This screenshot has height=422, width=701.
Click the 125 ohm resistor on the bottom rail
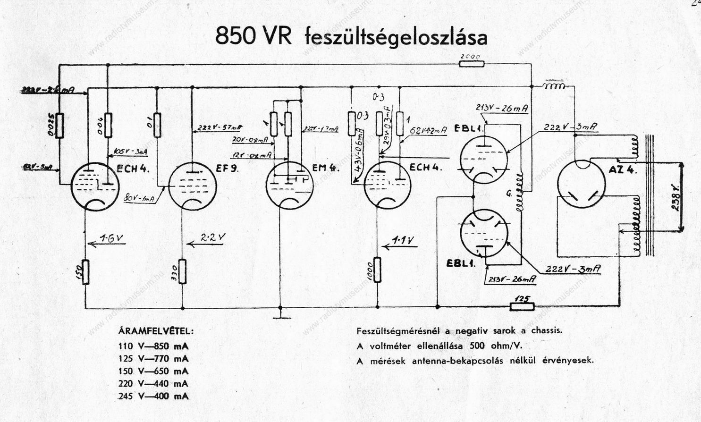pyautogui.click(x=522, y=306)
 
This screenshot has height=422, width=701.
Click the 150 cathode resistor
pyautogui.click(x=85, y=272)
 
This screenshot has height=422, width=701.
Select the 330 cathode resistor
pyautogui.click(x=183, y=272)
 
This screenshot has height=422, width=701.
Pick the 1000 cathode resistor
pyautogui.click(x=377, y=270)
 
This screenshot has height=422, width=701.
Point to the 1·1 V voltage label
pyautogui.click(x=403, y=241)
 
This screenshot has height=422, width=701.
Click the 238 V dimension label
pyautogui.click(x=676, y=198)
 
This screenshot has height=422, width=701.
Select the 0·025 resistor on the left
pyautogui.click(x=59, y=126)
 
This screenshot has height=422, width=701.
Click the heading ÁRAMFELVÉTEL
pyautogui.click(x=156, y=331)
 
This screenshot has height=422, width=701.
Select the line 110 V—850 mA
pyautogui.click(x=154, y=346)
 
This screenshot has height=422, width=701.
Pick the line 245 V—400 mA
pyautogui.click(x=154, y=397)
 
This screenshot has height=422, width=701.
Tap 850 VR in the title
pyautogui.click(x=253, y=37)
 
